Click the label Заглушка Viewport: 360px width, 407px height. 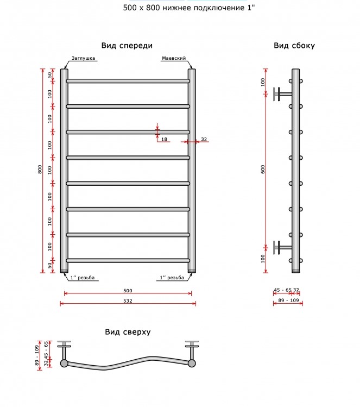click(83, 58)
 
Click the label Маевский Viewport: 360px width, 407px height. click(174, 58)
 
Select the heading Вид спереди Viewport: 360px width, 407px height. click(127, 46)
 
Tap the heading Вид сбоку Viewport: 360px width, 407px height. click(294, 46)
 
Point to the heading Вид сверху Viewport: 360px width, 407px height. click(128, 332)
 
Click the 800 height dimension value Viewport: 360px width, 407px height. click(40, 169)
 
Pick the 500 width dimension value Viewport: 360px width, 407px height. click(128, 291)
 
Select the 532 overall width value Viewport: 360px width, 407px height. click(128, 301)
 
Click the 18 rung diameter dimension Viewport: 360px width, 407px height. click(164, 139)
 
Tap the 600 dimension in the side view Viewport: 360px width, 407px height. click(263, 169)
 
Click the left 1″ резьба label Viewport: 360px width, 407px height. click(83, 278)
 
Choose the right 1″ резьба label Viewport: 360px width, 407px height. click(172, 278)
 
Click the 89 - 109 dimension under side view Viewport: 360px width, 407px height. click(288, 300)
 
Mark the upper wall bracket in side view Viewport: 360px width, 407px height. click(282, 94)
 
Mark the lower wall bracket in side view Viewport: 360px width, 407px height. click(282, 247)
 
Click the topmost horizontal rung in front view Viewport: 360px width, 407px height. click(128, 81)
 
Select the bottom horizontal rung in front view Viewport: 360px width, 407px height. click(128, 261)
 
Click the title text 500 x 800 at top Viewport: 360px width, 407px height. click(141, 8)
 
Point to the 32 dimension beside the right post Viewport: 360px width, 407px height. click(204, 139)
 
